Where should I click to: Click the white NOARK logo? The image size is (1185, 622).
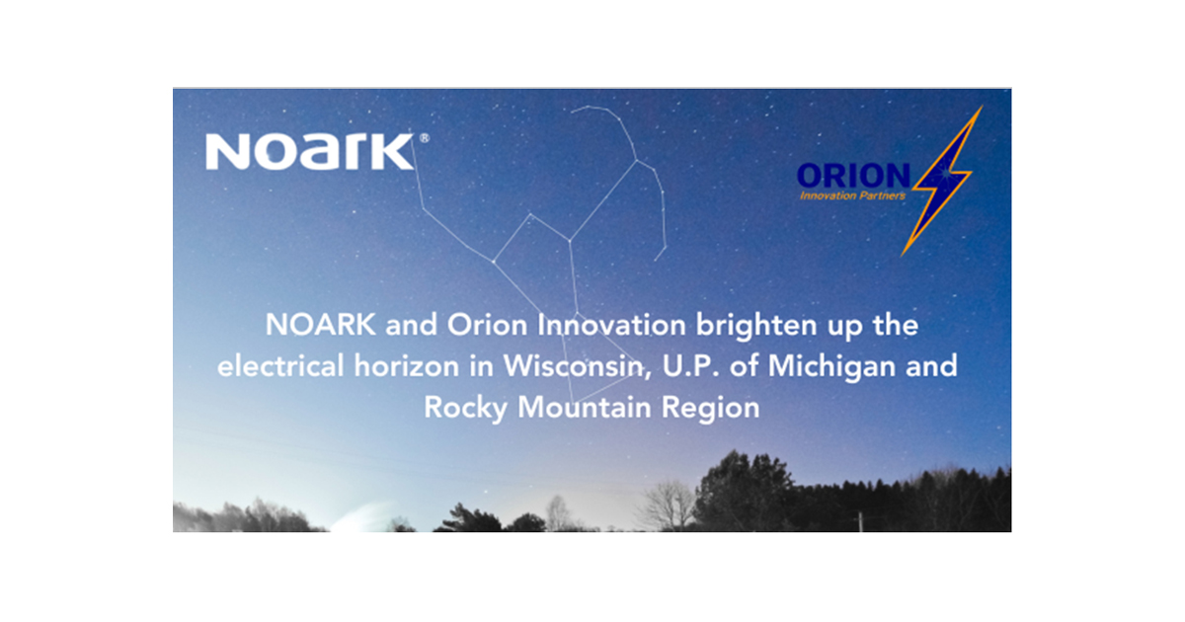pyautogui.click(x=309, y=153)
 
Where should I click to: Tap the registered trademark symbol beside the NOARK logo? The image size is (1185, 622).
pyautogui.click(x=425, y=139)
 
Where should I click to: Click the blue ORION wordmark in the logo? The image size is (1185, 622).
pyautogui.click(x=853, y=176)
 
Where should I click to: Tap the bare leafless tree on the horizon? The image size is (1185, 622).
pyautogui.click(x=668, y=504)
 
